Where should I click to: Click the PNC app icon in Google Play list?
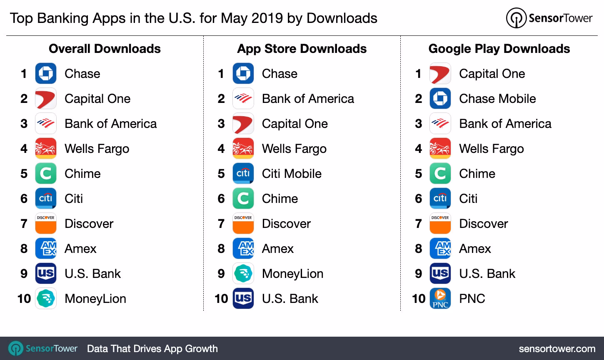[x=440, y=298]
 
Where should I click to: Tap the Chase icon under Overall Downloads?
[x=45, y=74]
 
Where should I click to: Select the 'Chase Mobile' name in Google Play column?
[x=497, y=99]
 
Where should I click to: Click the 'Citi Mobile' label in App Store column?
[x=292, y=174]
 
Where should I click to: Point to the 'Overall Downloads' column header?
[x=105, y=49]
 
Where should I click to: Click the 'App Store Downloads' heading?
[x=302, y=49]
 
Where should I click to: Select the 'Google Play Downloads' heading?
[x=499, y=49]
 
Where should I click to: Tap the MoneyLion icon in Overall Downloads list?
[x=45, y=298]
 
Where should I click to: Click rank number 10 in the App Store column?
[x=221, y=298]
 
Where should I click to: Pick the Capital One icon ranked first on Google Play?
[x=440, y=74]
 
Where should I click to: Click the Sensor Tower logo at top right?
[x=549, y=18]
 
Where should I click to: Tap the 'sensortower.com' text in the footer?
[x=557, y=348]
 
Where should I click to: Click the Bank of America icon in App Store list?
[x=243, y=99]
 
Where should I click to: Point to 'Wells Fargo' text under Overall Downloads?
[x=97, y=149]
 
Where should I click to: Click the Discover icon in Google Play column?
[x=440, y=224]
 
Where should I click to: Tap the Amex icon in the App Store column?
[x=243, y=249]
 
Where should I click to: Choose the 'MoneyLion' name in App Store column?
[x=292, y=274]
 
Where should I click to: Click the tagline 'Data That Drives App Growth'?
[x=152, y=348]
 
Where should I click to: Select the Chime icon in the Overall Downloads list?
[x=45, y=174]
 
